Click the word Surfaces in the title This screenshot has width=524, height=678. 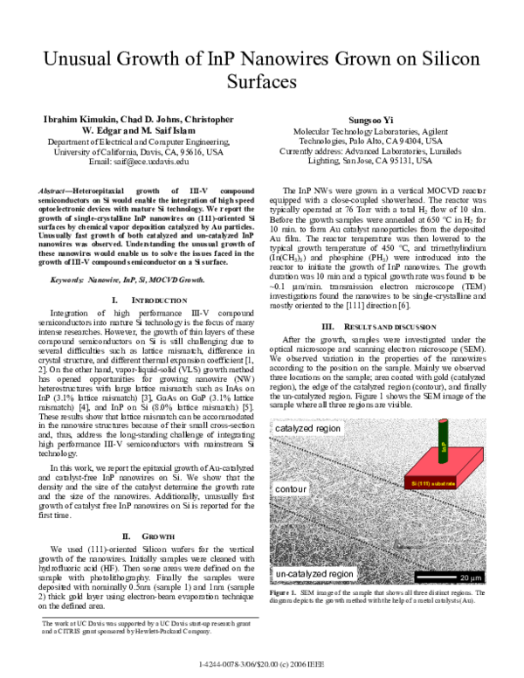pos(262,85)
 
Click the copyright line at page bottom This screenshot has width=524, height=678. pos(262,665)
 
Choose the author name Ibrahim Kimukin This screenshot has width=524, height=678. pos(75,119)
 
